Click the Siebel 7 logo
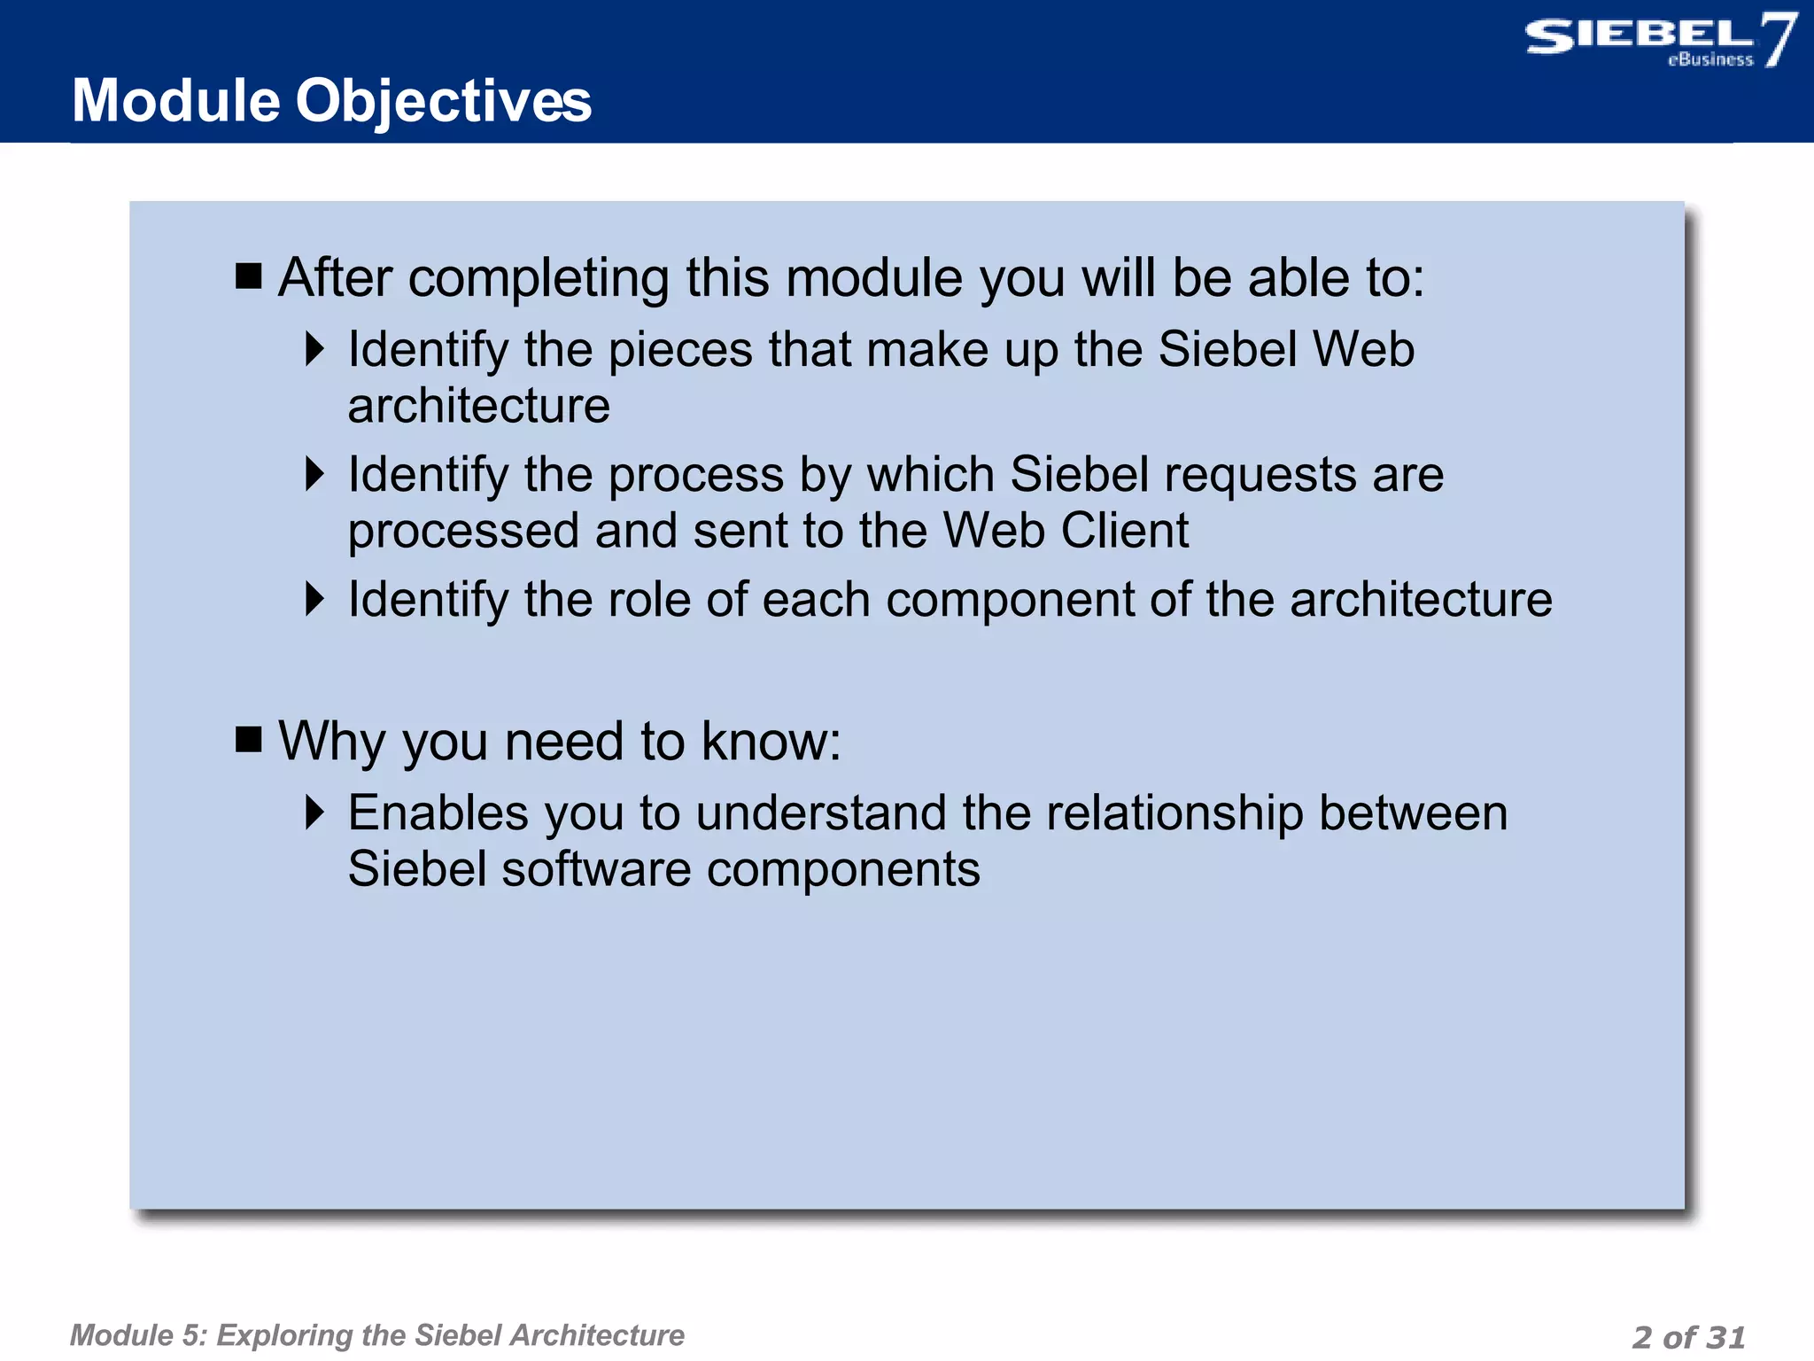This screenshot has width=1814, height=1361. click(x=1658, y=41)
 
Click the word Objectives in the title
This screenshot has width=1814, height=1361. click(x=443, y=101)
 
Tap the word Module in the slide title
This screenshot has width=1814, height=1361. click(x=175, y=101)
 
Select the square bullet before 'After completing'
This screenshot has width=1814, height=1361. click(x=249, y=276)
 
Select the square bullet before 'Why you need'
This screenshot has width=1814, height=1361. click(x=249, y=738)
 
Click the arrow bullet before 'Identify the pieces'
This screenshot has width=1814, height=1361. click(x=314, y=349)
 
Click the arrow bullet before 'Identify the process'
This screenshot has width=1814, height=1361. click(x=314, y=474)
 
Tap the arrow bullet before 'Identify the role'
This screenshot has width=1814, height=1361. click(x=314, y=599)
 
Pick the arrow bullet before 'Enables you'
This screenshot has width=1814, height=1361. click(x=314, y=812)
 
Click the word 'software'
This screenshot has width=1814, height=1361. click(x=595, y=869)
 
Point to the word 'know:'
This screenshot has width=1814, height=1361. click(x=771, y=741)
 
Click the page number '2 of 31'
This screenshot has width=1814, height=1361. click(x=1688, y=1336)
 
